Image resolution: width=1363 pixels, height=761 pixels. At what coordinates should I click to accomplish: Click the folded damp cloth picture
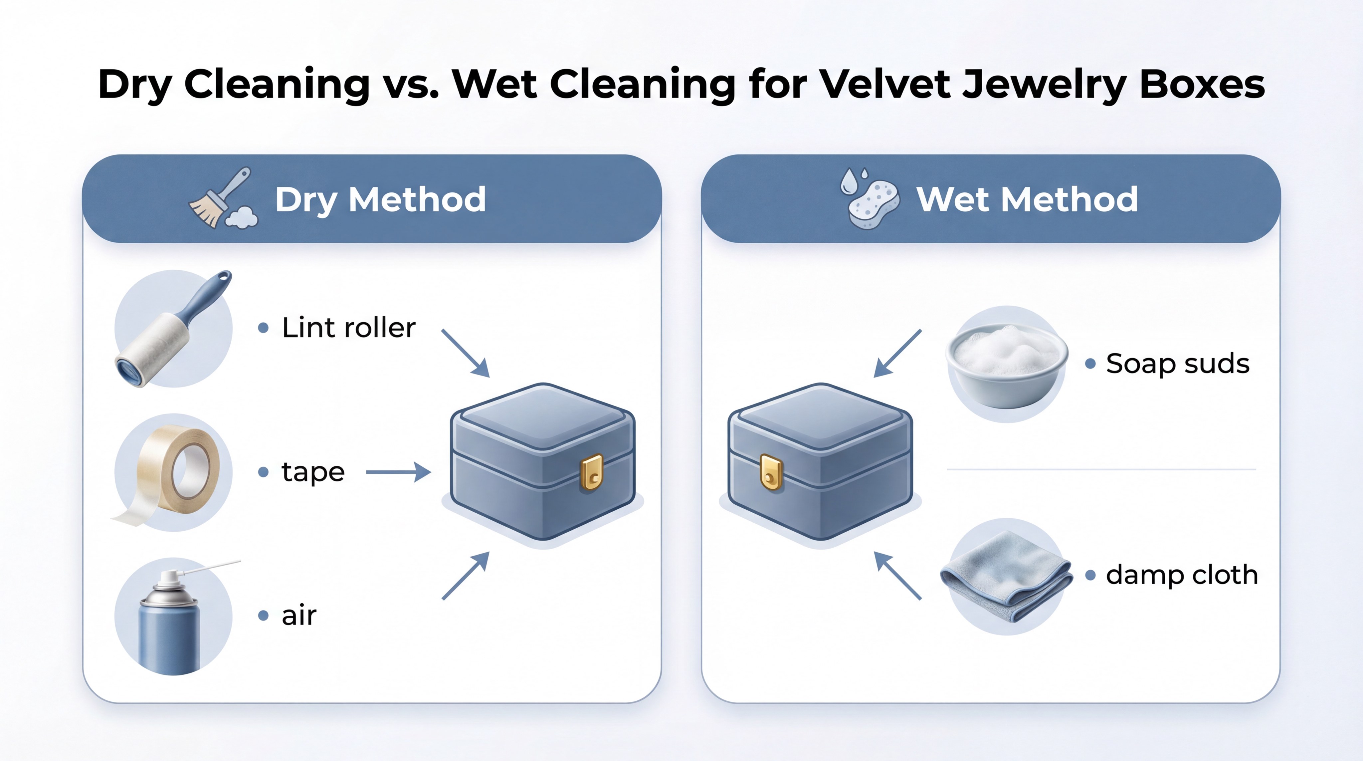(1005, 577)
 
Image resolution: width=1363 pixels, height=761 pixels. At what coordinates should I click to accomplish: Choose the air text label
(299, 616)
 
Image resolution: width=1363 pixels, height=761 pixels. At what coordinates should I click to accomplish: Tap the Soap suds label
(1178, 364)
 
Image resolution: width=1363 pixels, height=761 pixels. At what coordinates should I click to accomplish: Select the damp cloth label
(1182, 575)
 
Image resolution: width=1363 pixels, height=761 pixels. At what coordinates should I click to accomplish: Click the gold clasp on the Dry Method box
(592, 472)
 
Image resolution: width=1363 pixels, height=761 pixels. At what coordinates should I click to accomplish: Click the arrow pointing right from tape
(398, 472)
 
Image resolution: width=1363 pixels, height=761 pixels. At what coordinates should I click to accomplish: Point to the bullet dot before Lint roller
(263, 328)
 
